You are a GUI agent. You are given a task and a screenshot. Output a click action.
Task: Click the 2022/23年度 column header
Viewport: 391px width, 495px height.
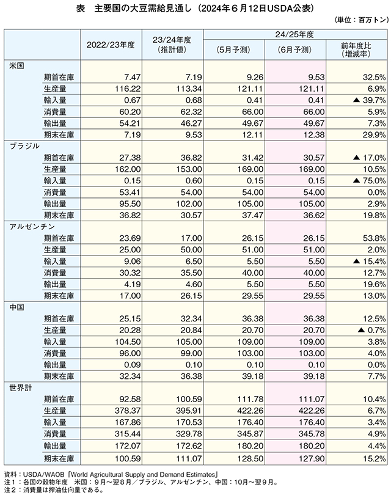pyautogui.click(x=111, y=45)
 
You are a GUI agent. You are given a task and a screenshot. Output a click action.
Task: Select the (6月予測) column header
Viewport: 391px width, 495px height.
pyautogui.click(x=294, y=50)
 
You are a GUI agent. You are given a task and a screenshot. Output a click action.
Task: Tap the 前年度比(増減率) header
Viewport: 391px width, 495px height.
pyautogui.click(x=356, y=50)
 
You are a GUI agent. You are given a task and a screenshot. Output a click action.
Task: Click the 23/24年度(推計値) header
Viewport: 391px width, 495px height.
pyautogui.click(x=172, y=45)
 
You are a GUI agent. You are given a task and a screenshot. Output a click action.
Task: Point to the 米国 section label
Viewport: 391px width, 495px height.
pyautogui.click(x=16, y=66)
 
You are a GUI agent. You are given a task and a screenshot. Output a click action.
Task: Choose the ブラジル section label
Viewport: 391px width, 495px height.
pyautogui.click(x=24, y=146)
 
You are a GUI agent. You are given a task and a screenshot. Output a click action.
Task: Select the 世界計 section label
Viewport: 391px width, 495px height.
pyautogui.click(x=21, y=387)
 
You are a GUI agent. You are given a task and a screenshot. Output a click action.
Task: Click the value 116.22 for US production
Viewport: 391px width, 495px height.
pyautogui.click(x=128, y=89)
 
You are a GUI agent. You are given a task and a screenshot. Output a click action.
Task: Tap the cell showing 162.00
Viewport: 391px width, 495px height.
pyautogui.click(x=128, y=169)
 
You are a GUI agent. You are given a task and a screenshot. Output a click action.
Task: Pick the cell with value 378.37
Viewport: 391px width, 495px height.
pyautogui.click(x=128, y=411)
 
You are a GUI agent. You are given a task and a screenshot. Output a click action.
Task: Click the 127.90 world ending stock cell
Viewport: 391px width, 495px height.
pyautogui.click(x=311, y=458)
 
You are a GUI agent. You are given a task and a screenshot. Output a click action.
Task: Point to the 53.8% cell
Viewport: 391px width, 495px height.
pyautogui.click(x=375, y=238)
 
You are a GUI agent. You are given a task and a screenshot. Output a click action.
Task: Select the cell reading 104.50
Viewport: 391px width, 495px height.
pyautogui.click(x=128, y=342)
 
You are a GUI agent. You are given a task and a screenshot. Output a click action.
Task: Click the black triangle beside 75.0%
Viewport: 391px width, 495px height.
pyautogui.click(x=356, y=180)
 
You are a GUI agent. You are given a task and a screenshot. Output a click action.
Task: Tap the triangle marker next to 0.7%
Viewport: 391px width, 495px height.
pyautogui.click(x=361, y=330)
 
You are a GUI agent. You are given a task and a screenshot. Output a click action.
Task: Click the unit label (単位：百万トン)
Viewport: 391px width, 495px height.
pyautogui.click(x=361, y=20)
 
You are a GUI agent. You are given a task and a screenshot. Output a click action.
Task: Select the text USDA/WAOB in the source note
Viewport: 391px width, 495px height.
pyautogui.click(x=43, y=474)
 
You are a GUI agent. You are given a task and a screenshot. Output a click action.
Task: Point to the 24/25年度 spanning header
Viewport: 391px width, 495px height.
pyautogui.click(x=294, y=34)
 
